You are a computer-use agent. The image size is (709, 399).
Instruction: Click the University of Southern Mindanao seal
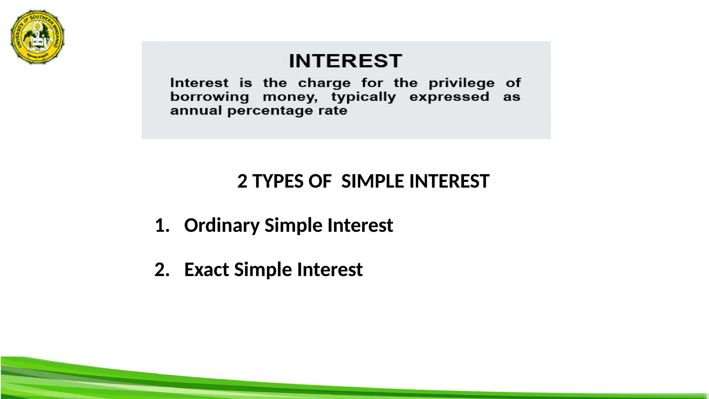click(37, 37)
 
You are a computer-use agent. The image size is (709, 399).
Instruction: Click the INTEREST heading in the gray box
click(345, 61)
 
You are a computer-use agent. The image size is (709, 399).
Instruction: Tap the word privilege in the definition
click(461, 83)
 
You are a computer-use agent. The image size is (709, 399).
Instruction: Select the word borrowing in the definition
click(209, 97)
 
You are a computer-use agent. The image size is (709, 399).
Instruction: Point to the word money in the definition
click(290, 97)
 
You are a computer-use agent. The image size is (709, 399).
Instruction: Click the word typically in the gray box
click(363, 97)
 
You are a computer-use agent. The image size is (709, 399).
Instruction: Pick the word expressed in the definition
click(449, 97)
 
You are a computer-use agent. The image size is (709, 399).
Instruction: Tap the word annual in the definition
click(196, 111)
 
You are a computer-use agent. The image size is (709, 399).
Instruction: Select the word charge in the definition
click(324, 83)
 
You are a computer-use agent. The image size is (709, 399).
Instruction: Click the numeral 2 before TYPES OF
click(242, 181)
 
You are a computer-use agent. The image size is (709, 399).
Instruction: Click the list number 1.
click(162, 225)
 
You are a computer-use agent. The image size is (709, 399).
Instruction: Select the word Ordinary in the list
click(222, 226)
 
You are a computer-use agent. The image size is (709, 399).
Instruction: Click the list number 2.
click(162, 269)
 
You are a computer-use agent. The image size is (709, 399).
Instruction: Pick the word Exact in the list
click(206, 269)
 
